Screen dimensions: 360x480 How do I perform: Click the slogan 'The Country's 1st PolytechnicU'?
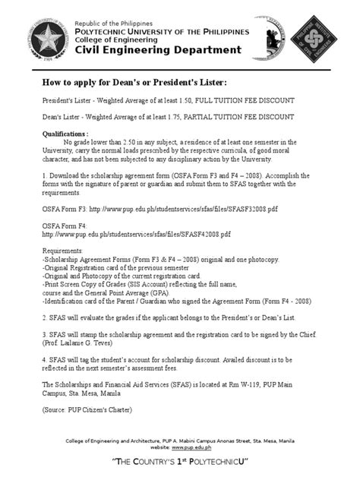point(179,463)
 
